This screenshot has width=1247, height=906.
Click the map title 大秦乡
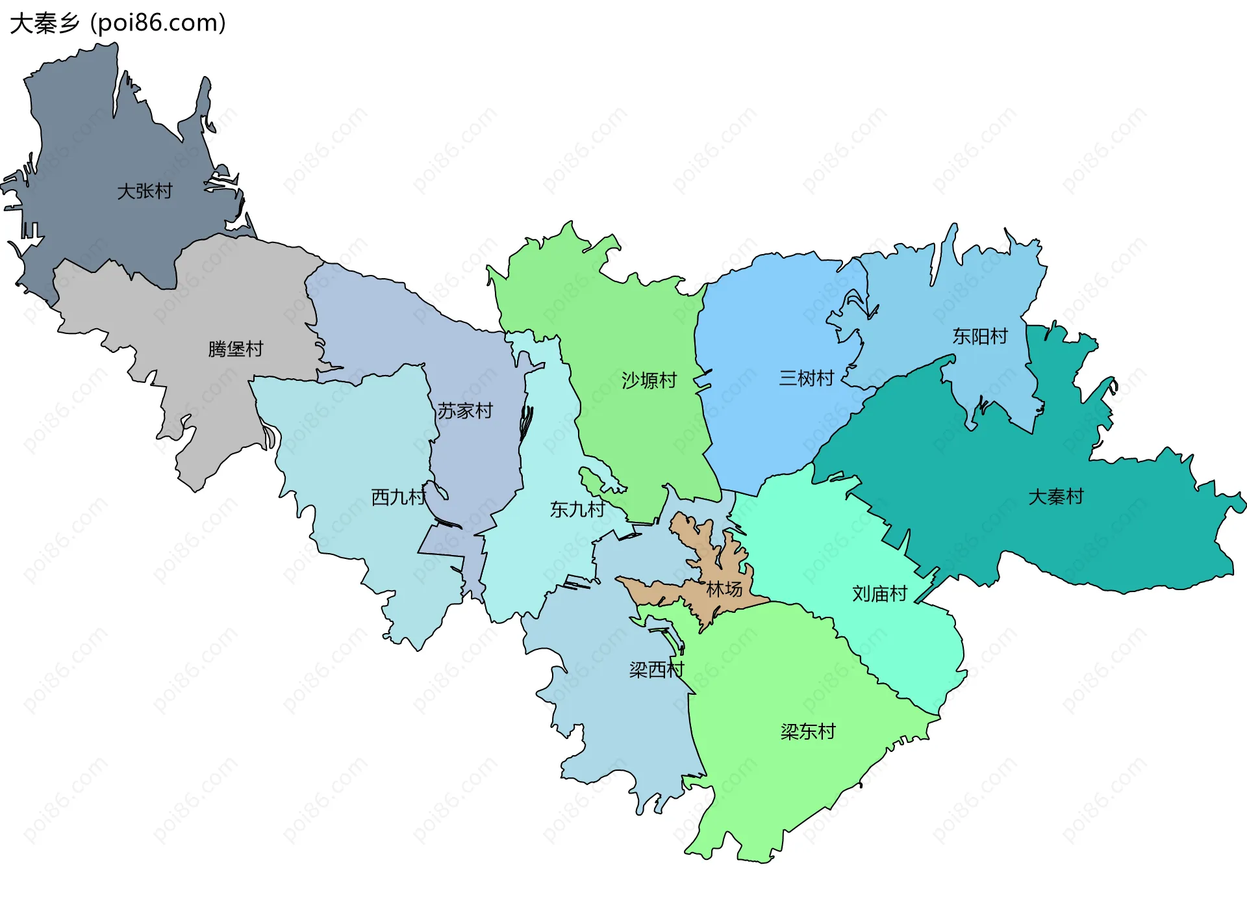point(44,23)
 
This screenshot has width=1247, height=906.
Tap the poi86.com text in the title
point(158,23)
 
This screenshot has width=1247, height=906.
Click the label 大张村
point(144,191)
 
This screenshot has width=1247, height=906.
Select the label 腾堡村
point(235,349)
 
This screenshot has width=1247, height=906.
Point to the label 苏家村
point(464,411)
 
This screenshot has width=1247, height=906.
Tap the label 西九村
point(398,497)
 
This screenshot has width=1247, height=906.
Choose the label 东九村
point(577,509)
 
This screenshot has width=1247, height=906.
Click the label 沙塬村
point(649,380)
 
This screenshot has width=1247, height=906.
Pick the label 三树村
point(806,378)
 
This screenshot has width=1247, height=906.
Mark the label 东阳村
point(979,336)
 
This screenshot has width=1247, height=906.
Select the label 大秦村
point(1055,497)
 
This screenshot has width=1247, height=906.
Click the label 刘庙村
point(879,593)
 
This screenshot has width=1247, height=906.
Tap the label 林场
point(724,589)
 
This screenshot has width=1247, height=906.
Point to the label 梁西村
point(657,669)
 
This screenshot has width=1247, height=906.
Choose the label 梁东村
point(807,732)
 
